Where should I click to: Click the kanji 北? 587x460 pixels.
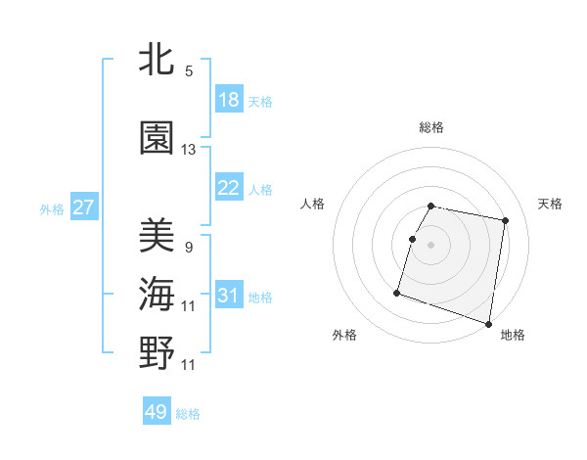tap(157, 60)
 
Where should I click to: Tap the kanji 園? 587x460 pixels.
tap(157, 138)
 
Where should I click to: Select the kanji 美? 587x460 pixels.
tap(157, 235)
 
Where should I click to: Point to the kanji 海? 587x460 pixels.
tap(157, 295)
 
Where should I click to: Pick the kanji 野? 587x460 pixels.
tap(157, 353)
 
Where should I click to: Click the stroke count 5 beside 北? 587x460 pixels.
tap(189, 71)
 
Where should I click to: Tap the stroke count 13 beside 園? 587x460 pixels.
tap(189, 150)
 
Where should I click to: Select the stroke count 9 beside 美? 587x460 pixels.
tap(189, 247)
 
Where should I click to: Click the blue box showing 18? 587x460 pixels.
tap(229, 100)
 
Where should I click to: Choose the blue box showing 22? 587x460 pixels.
tap(229, 188)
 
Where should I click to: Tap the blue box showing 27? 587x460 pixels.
tap(83, 207)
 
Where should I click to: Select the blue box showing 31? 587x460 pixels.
tap(229, 296)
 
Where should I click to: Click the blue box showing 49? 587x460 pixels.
tap(157, 412)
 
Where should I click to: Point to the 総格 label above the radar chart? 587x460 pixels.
tap(431, 128)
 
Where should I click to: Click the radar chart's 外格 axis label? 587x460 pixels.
tap(344, 336)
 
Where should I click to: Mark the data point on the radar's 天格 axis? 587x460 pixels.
tap(505, 221)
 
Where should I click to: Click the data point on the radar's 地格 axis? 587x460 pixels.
tap(488, 323)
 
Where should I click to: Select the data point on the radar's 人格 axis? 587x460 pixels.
tap(412, 239)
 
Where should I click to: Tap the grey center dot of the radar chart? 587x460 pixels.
tap(431, 245)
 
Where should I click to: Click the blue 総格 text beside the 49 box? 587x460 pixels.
tap(188, 414)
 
